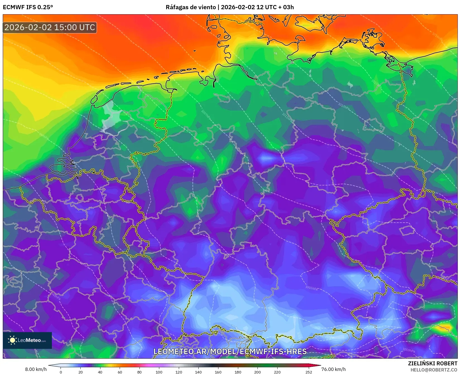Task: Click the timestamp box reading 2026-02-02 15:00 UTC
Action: tap(50, 27)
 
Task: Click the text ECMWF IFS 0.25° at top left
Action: tap(28, 7)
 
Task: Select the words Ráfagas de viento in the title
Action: tap(191, 7)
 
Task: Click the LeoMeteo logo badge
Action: tap(27, 340)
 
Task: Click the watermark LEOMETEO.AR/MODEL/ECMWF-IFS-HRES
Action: tap(230, 351)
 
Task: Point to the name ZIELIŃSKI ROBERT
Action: tap(433, 363)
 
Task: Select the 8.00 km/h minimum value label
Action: tap(36, 369)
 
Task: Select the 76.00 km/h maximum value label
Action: tap(333, 369)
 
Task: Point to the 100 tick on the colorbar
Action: tap(159, 372)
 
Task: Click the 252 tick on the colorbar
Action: tap(309, 372)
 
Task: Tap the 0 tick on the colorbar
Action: tap(61, 372)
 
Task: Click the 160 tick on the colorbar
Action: tap(218, 372)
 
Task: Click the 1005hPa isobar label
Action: tap(311, 288)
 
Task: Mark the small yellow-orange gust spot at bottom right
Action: tap(445, 327)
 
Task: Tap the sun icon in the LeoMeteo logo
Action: tap(13, 340)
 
